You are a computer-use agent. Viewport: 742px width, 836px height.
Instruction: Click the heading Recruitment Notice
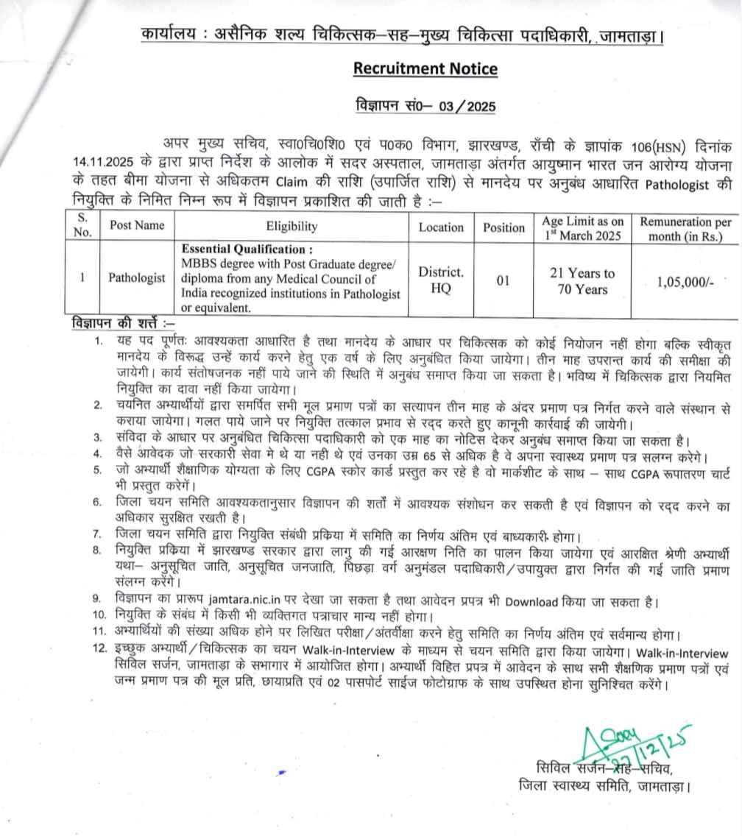425,69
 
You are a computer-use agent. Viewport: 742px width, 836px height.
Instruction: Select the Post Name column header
137,226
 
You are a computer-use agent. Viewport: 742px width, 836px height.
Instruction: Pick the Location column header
441,227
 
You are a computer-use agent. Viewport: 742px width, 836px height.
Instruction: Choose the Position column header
504,227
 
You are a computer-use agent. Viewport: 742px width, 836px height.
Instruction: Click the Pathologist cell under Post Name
137,278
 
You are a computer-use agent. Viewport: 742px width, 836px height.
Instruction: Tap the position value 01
503,280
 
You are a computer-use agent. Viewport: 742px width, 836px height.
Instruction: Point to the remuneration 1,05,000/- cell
685,280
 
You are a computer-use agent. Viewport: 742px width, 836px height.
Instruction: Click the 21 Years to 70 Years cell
582,281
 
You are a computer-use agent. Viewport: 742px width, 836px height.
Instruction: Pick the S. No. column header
83,225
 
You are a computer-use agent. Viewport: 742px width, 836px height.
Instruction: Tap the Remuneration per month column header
685,228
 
